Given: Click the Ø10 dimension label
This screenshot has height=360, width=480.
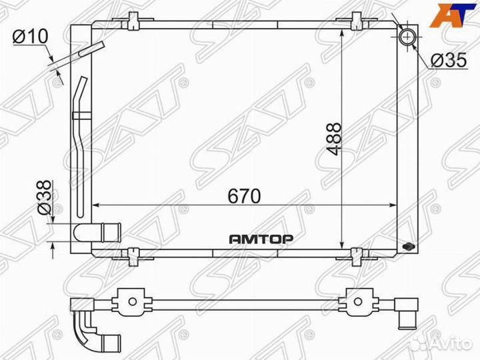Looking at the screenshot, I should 30,37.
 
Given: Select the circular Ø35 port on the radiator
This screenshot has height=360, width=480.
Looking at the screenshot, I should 406,37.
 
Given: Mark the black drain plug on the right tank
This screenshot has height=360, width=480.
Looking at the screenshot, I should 409,247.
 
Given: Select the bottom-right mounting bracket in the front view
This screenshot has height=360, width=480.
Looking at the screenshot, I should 360,254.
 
